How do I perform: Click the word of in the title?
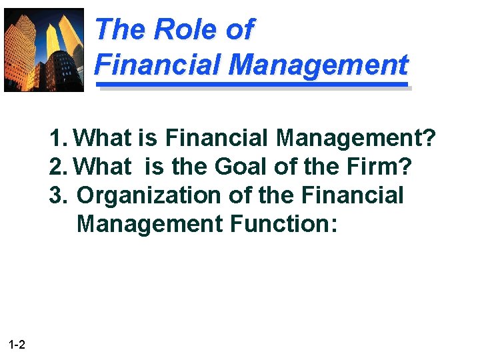239,29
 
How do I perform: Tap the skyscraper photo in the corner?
44,49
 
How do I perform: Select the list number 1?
57,138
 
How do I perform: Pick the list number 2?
57,167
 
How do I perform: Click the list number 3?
57,195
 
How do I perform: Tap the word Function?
284,224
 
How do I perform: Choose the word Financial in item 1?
217,138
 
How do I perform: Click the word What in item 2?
103,167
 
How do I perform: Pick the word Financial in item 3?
353,195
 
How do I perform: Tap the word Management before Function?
149,224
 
